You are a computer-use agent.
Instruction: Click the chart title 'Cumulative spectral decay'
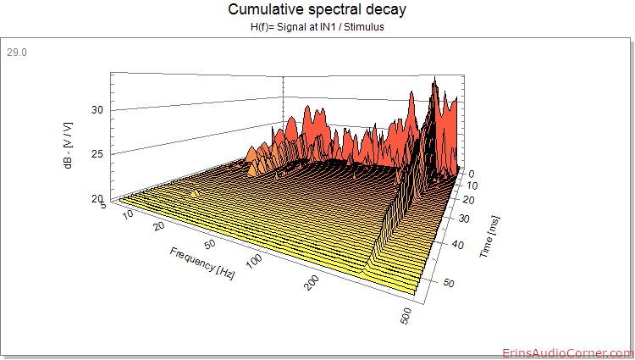(317, 9)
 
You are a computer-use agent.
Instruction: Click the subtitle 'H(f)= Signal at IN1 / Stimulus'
(317, 27)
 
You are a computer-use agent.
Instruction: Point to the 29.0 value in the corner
(17, 53)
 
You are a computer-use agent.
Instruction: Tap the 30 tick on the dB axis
(97, 110)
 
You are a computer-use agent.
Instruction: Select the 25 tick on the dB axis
(97, 154)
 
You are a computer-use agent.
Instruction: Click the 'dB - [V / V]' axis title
(68, 146)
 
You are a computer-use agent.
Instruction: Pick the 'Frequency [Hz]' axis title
(202, 263)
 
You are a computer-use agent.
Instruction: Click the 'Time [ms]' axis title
(489, 236)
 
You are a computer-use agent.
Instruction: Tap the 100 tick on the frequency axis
(254, 261)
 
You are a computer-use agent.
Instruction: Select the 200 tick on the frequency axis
(312, 283)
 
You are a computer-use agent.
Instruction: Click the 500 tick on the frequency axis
(405, 316)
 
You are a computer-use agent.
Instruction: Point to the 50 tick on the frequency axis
(210, 244)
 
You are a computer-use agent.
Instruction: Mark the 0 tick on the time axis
(471, 174)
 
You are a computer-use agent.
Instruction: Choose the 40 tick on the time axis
(458, 245)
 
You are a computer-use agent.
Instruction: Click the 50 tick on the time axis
(449, 283)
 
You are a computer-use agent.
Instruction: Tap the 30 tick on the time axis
(464, 219)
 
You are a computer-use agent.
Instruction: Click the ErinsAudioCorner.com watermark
(568, 353)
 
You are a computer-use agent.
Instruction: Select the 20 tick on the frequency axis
(158, 225)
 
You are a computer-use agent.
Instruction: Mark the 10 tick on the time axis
(472, 186)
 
